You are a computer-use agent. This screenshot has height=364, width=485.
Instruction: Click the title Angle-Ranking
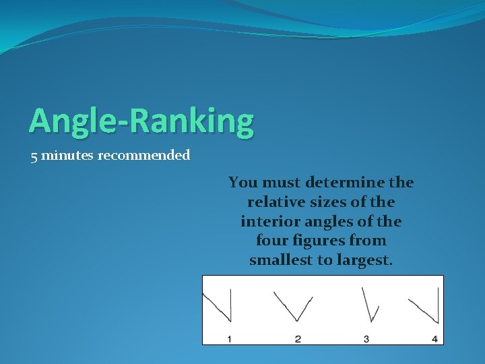(x=141, y=121)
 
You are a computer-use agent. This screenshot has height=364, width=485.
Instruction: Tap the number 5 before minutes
(x=34, y=156)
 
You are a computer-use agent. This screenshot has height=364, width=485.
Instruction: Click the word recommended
(x=144, y=156)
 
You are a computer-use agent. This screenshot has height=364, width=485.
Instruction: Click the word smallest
(x=280, y=260)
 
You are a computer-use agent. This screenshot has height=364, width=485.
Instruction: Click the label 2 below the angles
(x=298, y=338)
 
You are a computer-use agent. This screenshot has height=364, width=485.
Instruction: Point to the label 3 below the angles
(x=366, y=338)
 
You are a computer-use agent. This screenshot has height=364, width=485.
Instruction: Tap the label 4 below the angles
(x=434, y=338)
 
